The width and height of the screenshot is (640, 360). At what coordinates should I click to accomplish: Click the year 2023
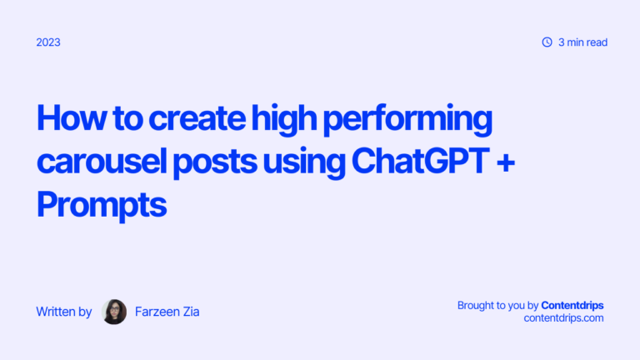(48, 42)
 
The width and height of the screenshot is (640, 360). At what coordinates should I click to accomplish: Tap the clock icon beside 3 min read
(547, 42)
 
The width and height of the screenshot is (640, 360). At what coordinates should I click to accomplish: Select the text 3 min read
(582, 42)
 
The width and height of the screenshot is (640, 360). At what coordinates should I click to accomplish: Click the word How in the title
(66, 120)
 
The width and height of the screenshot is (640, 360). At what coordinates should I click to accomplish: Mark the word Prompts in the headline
(102, 203)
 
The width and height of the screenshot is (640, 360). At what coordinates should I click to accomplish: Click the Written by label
(64, 312)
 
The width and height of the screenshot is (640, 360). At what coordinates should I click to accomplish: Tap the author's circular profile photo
(114, 312)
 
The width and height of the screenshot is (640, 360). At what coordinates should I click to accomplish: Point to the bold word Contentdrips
(572, 306)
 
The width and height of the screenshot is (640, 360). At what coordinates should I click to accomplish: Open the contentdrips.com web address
(563, 318)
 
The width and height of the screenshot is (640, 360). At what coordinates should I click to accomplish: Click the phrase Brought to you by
(497, 306)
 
